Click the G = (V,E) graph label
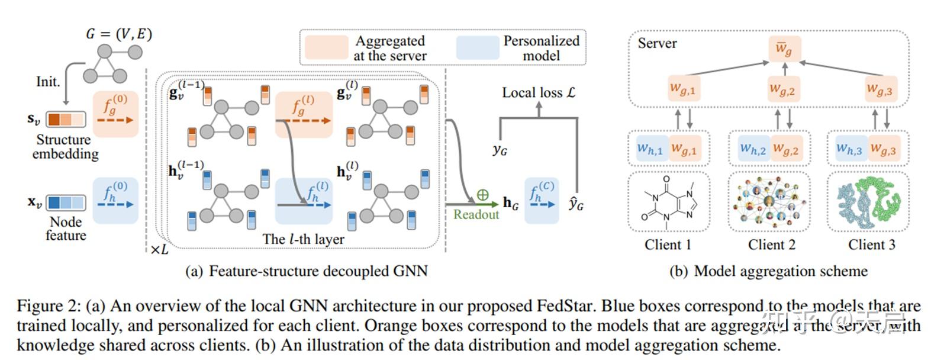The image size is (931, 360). coord(119,34)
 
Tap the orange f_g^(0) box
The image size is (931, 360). coord(115,114)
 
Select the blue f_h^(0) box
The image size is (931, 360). coord(115,200)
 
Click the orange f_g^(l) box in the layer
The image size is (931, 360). coord(303,114)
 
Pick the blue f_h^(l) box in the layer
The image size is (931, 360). coord(304,200)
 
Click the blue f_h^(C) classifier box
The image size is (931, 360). coord(541,200)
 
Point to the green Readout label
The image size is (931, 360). coord(476,214)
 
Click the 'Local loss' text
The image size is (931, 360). coord(538,93)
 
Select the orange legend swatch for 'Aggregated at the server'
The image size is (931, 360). coord(326,48)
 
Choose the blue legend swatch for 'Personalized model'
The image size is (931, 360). coord(478,48)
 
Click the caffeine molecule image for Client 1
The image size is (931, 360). coord(668,201)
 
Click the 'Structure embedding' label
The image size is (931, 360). coord(65,147)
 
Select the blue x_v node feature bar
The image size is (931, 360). coord(65,203)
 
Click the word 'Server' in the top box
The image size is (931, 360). coord(657,43)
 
